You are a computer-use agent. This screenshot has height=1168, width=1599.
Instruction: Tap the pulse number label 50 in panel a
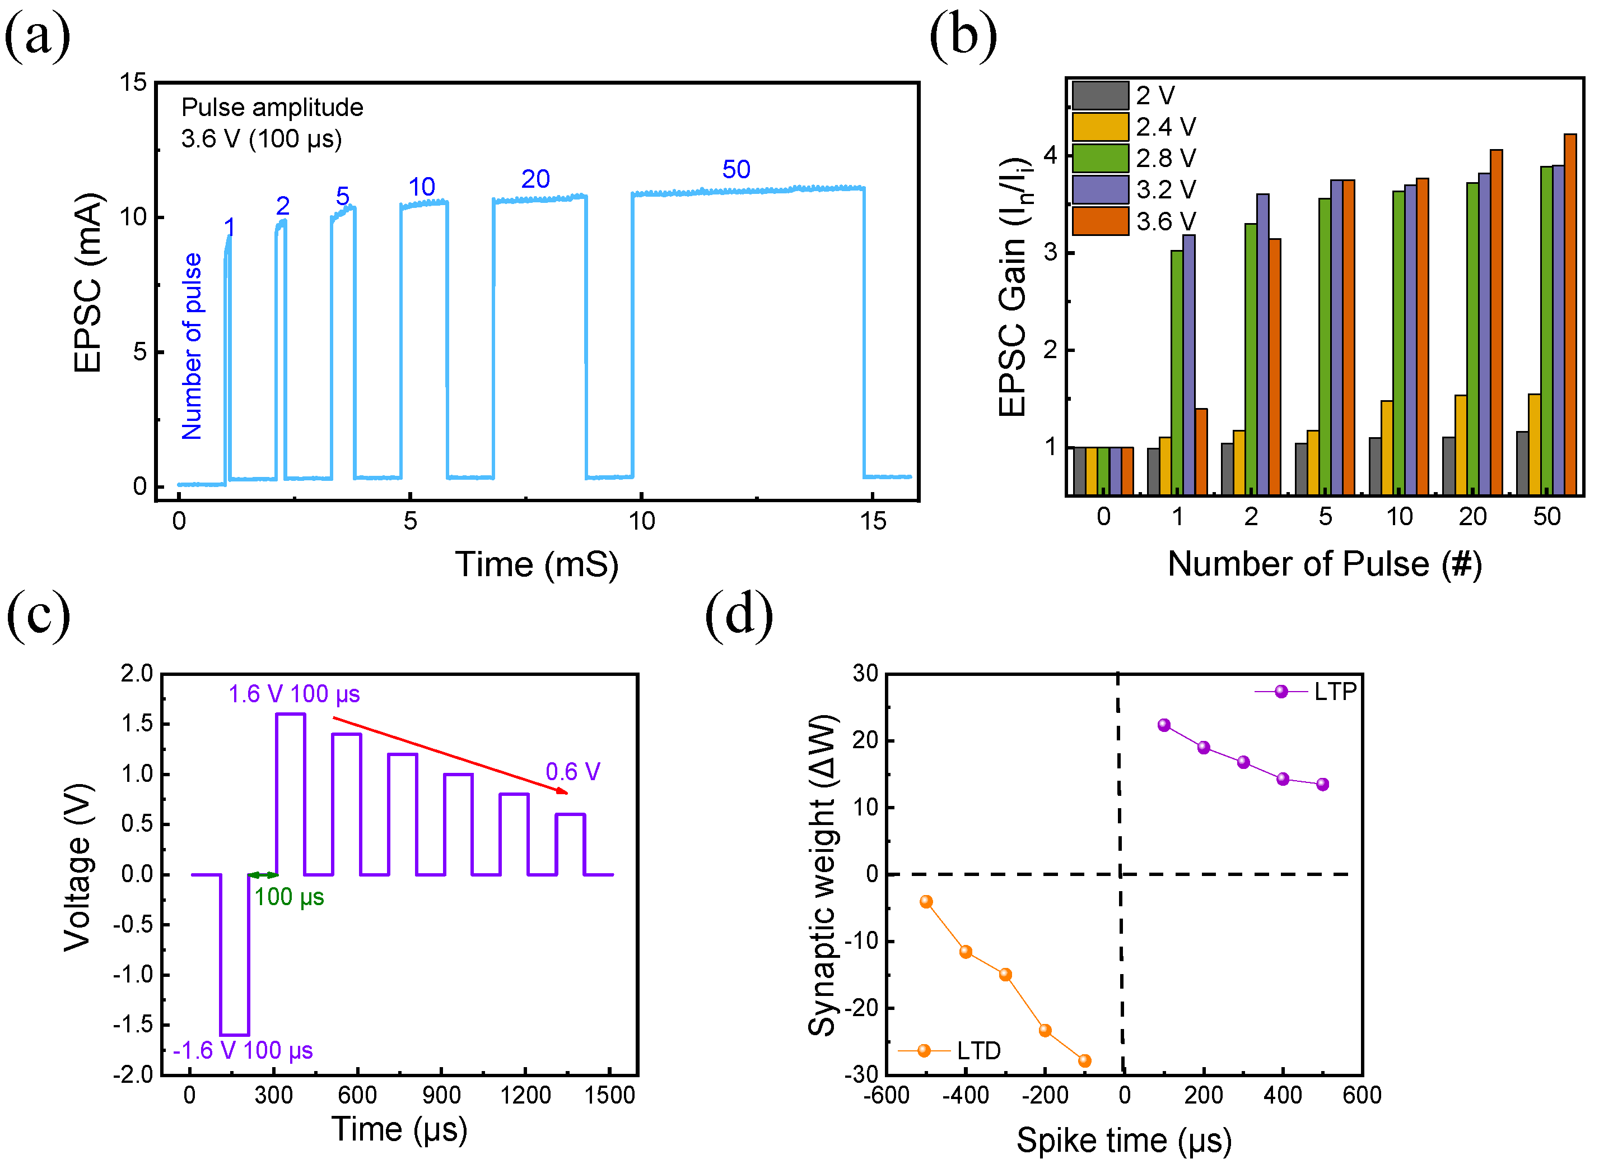pyautogui.click(x=735, y=170)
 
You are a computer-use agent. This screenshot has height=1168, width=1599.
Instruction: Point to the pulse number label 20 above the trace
pyautogui.click(x=535, y=179)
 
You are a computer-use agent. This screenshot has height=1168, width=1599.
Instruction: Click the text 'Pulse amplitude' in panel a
pyautogui.click(x=272, y=108)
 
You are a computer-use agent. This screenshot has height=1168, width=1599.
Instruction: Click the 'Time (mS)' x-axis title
pyautogui.click(x=537, y=565)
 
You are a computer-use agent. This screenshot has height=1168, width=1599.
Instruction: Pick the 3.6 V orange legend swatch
pyautogui.click(x=1099, y=221)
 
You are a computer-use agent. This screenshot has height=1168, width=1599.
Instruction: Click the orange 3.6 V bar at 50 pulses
pyautogui.click(x=1570, y=314)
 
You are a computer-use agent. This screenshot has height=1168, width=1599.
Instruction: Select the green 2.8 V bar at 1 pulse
pyautogui.click(x=1177, y=373)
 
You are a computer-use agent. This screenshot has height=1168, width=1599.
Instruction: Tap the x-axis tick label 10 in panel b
pyautogui.click(x=1399, y=517)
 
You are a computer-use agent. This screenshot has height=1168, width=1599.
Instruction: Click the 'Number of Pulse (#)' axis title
pyautogui.click(x=1324, y=564)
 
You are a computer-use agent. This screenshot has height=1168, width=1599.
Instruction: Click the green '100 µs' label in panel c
pyautogui.click(x=289, y=897)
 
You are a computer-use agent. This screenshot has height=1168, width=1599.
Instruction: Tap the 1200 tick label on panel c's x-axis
pyautogui.click(x=525, y=1096)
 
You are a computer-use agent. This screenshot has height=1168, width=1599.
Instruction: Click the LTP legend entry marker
pyautogui.click(x=1281, y=692)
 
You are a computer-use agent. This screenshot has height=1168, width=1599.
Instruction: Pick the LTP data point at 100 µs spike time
pyautogui.click(x=1164, y=725)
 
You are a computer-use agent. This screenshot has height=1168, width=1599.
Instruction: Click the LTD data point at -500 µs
pyautogui.click(x=926, y=901)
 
